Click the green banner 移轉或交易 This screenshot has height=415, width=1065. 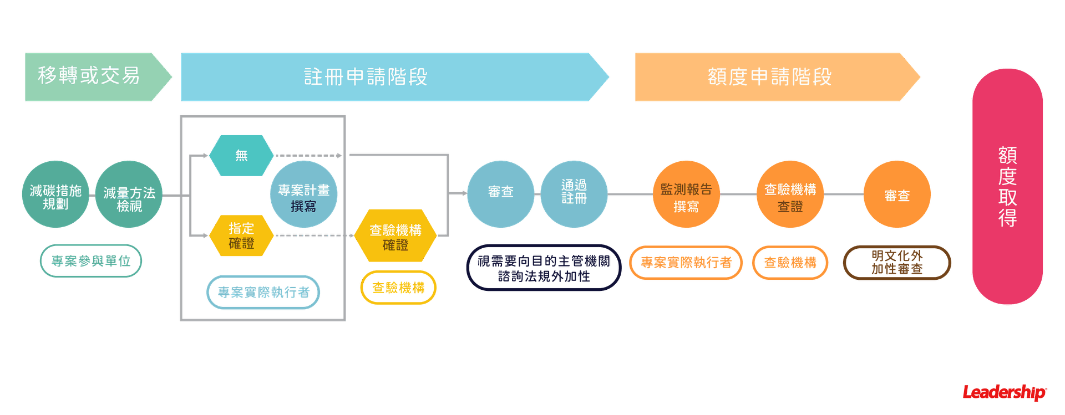point(92,76)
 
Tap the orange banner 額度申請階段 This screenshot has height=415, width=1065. point(770,77)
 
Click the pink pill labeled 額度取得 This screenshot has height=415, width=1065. point(1007,186)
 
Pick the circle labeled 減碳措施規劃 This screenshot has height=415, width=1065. point(55,194)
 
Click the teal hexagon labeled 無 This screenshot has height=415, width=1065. point(241,156)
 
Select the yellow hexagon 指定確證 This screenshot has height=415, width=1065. point(241,235)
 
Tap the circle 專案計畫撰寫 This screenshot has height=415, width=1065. point(303,194)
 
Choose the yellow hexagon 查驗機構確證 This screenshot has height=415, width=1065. point(395,236)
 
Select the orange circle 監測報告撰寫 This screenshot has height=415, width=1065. point(686,194)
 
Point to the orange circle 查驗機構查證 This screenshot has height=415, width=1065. point(790,194)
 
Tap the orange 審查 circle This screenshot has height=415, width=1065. point(897,194)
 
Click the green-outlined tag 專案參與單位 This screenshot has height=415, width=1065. point(91,261)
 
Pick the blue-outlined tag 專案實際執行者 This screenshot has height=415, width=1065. point(263,292)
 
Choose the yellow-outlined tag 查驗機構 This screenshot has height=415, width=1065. point(398,288)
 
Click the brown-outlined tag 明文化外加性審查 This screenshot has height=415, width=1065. point(897,263)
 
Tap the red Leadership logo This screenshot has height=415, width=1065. point(1005,393)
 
